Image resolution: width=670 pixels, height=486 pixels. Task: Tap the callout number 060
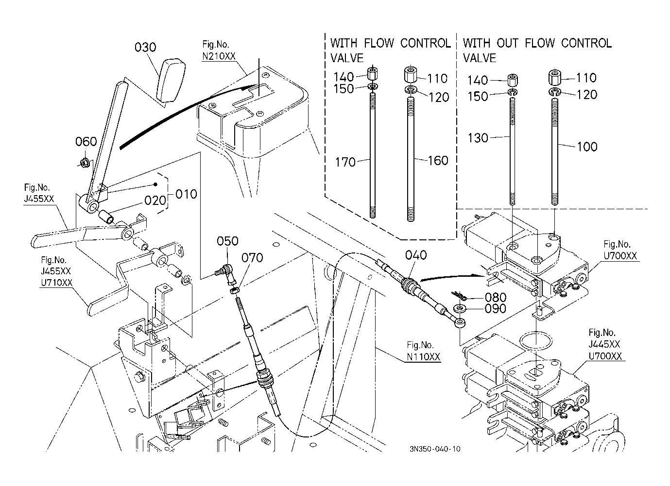coord(86,142)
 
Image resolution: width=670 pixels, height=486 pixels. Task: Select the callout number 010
coord(186,194)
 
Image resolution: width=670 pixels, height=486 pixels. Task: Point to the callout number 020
coord(155,201)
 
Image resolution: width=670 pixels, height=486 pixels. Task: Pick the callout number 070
coord(252,257)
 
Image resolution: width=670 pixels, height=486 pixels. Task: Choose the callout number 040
coord(416,255)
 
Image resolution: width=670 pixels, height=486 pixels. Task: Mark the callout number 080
coord(496,297)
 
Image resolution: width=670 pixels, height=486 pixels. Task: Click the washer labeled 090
coord(459,308)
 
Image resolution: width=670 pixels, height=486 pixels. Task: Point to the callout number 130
coord(478,138)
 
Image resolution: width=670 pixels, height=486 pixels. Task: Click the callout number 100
coord(587,147)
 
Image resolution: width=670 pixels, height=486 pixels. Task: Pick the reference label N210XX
coord(219,56)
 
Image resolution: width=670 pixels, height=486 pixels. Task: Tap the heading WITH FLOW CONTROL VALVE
coord(390,50)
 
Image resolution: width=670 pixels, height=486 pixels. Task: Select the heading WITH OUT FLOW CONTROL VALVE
coord(537,50)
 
